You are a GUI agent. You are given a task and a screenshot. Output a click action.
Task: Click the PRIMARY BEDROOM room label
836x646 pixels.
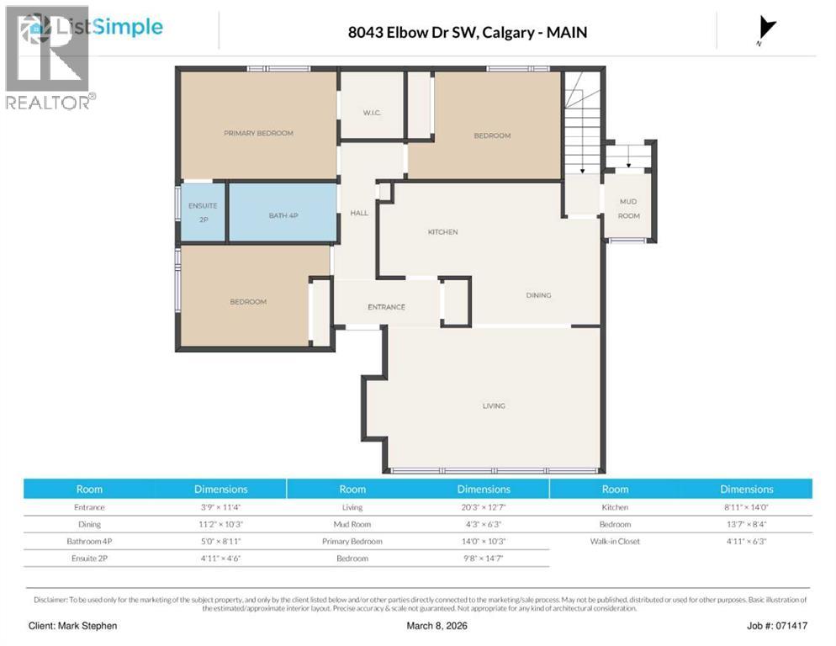(258, 133)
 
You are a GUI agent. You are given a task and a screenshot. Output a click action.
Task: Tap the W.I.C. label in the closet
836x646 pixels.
(373, 113)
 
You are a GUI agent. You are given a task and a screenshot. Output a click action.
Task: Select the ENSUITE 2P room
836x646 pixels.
(203, 212)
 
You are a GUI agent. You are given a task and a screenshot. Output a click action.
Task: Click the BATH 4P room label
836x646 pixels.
(283, 216)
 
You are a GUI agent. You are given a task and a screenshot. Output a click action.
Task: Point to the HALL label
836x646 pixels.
(359, 213)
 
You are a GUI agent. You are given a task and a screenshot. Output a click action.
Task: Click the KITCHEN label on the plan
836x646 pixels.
(442, 232)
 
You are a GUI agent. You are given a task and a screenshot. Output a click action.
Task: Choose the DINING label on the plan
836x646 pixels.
(538, 295)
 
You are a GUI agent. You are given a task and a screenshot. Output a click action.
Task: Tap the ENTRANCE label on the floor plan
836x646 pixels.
(386, 307)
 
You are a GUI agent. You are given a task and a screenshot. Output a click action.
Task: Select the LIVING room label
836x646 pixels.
(494, 406)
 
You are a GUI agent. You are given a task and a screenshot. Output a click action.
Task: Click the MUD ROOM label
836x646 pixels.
(628, 209)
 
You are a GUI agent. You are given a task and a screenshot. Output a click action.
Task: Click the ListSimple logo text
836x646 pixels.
(108, 27)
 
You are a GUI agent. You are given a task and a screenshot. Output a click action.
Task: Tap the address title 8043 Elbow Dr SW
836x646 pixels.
(467, 33)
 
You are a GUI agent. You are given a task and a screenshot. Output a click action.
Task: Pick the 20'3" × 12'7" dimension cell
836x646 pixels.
(484, 507)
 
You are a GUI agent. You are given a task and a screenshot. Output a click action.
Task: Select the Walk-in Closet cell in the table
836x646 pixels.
(615, 541)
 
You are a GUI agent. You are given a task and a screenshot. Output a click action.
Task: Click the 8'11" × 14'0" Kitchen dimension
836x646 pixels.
(746, 507)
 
